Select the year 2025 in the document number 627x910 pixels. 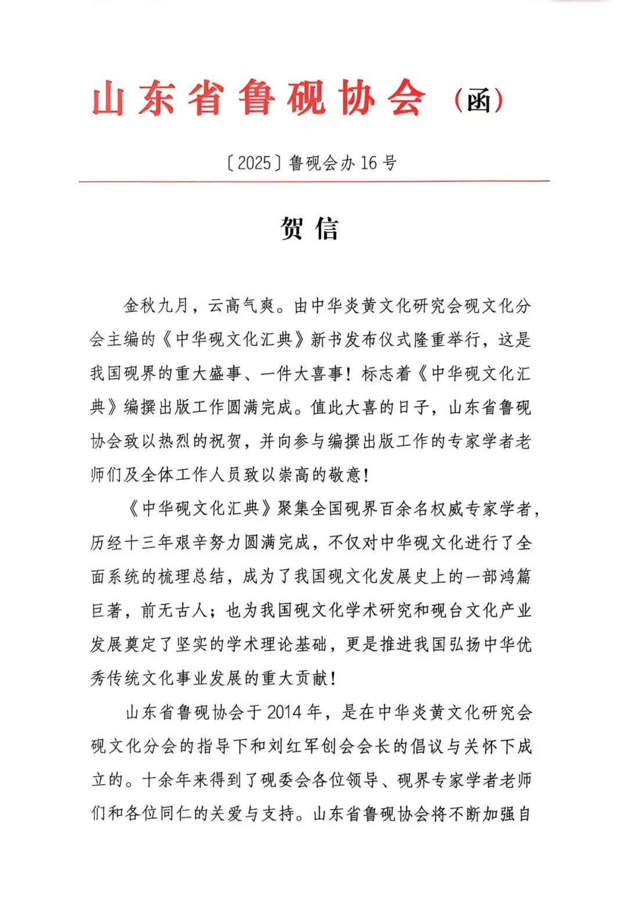[x=255, y=163]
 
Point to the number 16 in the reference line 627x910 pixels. [x=369, y=163]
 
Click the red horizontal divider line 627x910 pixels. [x=313, y=181]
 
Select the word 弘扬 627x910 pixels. [x=464, y=645]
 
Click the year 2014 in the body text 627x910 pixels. [x=284, y=712]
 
